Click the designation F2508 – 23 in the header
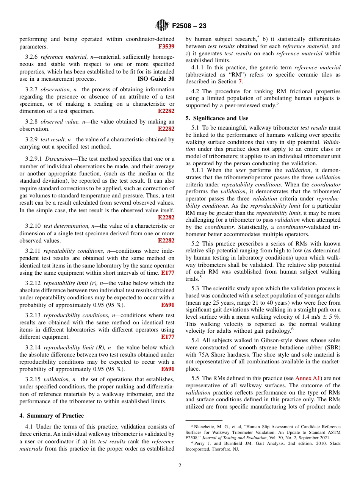click(189, 26)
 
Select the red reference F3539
click(166, 47)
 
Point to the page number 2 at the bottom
click(180, 466)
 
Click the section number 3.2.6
click(32, 57)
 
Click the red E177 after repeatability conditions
click(167, 272)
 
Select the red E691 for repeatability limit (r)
click(167, 305)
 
